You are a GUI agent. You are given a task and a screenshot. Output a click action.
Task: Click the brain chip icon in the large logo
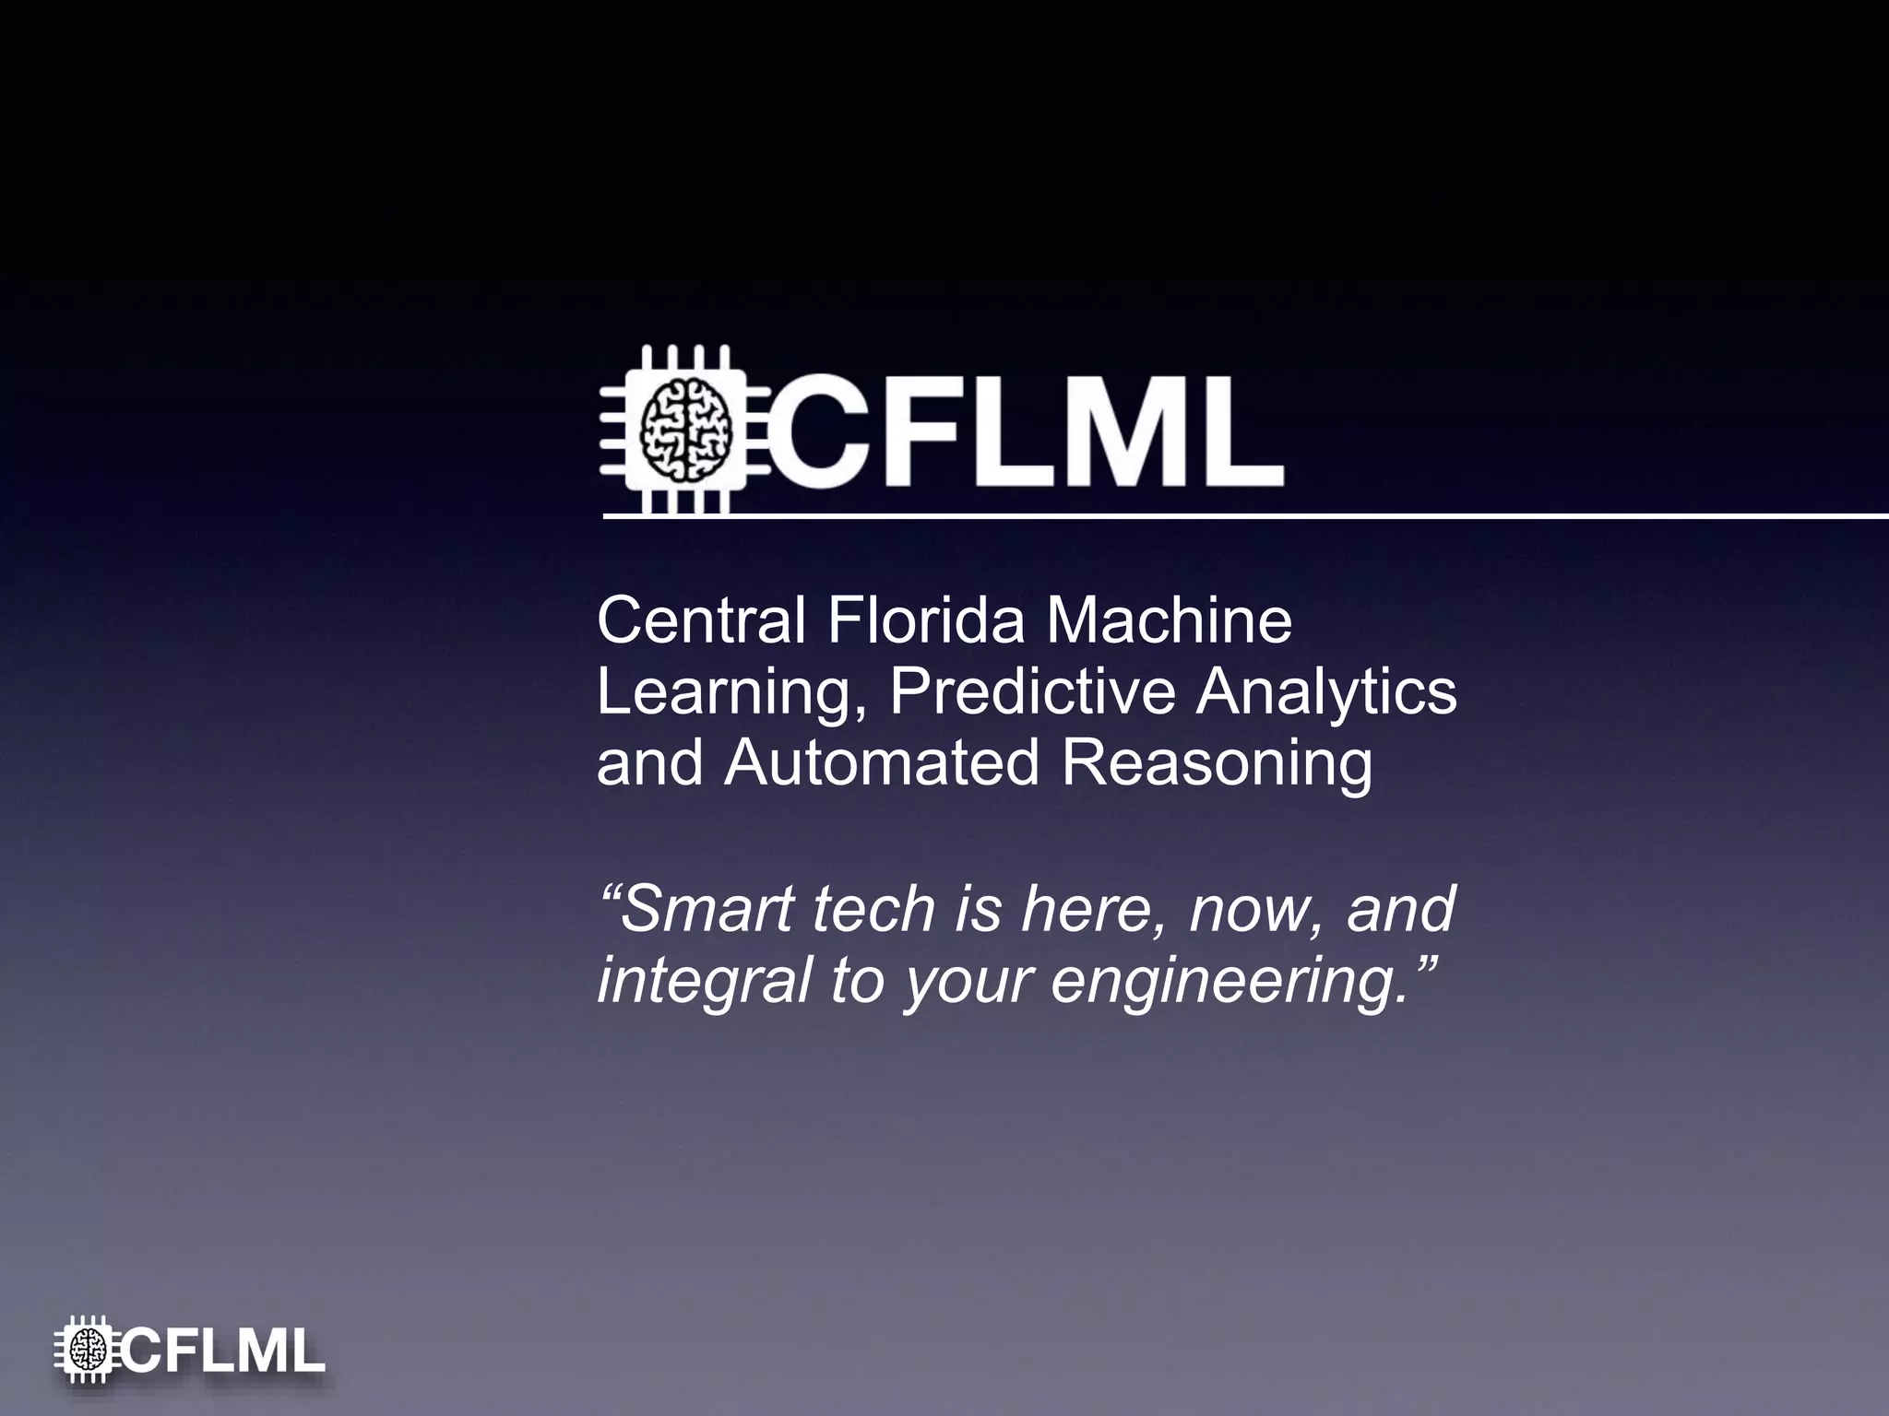click(684, 430)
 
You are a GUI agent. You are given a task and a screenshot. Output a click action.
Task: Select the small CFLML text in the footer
click(223, 1352)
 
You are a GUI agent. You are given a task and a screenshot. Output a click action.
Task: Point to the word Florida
click(925, 620)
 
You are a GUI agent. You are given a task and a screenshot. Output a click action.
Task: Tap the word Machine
click(1169, 620)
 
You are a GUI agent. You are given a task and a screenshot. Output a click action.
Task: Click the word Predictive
click(1032, 691)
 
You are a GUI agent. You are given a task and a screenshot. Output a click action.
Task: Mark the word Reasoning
click(1217, 765)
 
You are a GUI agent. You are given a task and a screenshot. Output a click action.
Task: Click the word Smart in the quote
click(708, 908)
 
